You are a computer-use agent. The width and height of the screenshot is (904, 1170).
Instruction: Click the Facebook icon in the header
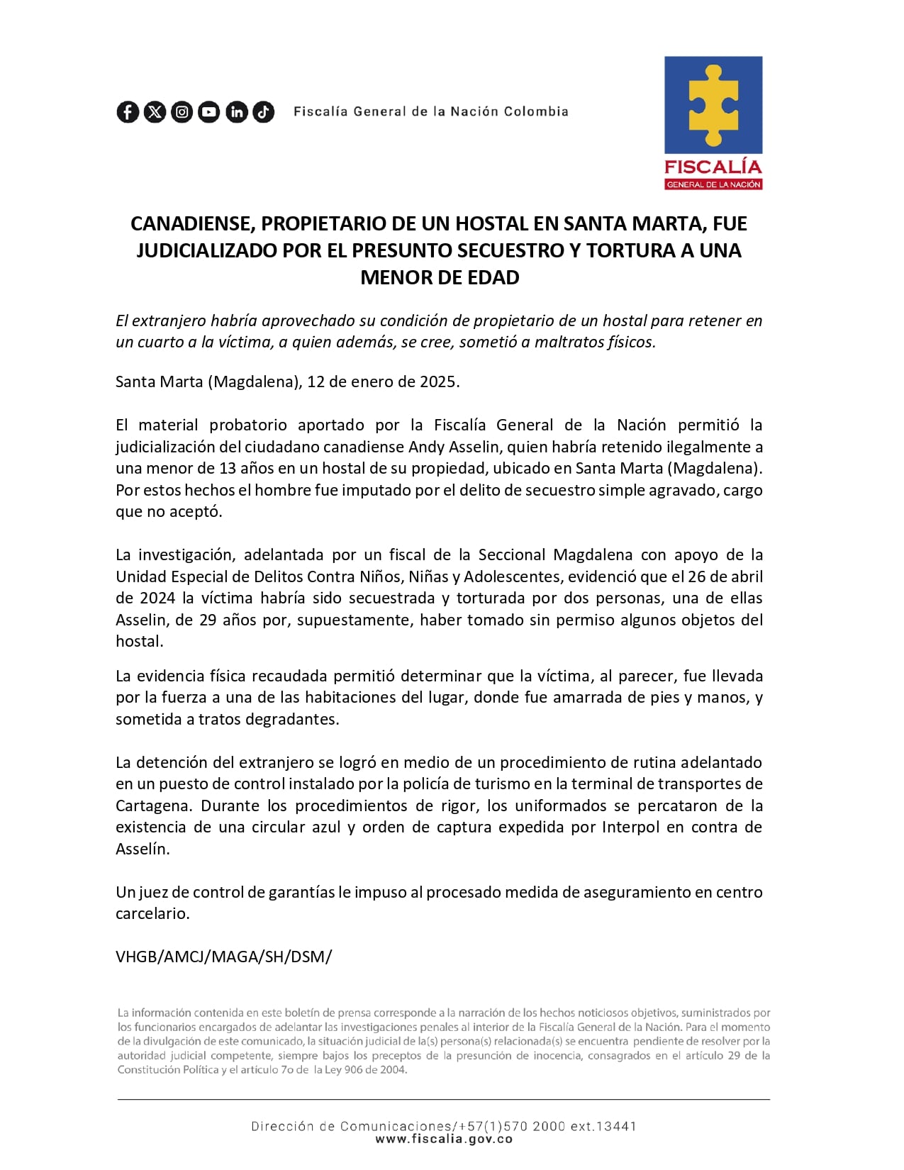point(128,112)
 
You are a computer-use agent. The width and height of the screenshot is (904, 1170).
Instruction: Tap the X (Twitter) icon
point(155,112)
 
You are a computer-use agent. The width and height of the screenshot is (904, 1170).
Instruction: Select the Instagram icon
point(182,112)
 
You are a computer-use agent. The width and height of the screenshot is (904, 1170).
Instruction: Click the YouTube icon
point(209,112)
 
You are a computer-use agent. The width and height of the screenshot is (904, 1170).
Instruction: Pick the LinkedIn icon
point(237,112)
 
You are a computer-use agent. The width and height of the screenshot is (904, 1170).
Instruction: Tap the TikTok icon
point(264,112)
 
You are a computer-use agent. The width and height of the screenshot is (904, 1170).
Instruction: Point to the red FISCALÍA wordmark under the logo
point(713,167)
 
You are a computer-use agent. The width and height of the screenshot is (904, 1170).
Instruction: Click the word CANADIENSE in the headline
point(191,224)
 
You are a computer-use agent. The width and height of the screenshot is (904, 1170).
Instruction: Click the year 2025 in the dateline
point(438,381)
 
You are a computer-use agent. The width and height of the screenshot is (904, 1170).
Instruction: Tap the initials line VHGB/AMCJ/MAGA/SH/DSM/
point(223,957)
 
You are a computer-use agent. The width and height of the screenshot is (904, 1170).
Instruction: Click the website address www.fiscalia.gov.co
point(444,1140)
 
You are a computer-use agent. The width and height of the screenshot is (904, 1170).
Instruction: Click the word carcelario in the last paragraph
point(152,914)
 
